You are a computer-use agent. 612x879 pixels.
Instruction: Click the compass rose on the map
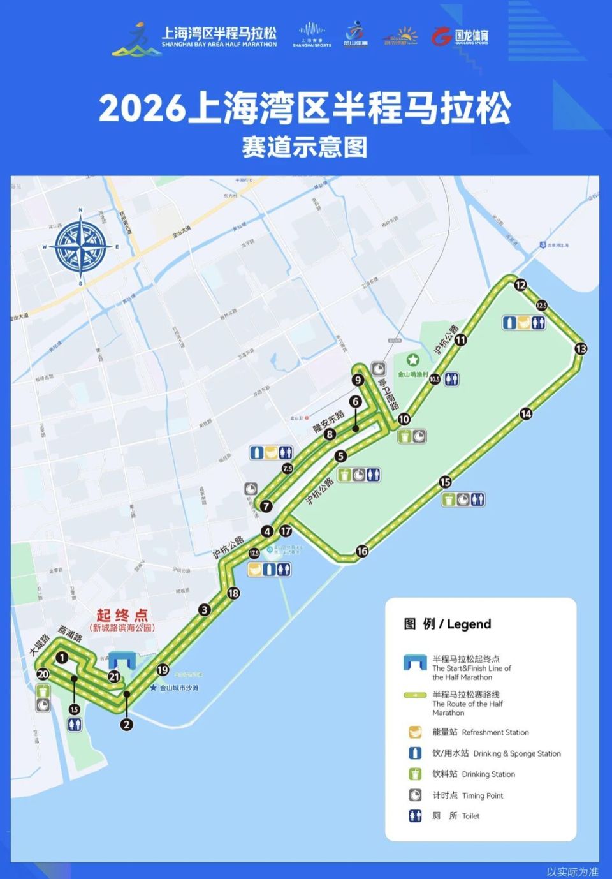[x=81, y=246]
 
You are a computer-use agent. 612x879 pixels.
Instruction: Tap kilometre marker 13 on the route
[x=581, y=348]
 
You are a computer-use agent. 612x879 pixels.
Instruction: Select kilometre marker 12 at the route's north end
[x=520, y=285]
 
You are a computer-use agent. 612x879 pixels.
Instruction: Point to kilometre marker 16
[x=362, y=551]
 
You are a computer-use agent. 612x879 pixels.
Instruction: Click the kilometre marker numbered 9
[x=358, y=380]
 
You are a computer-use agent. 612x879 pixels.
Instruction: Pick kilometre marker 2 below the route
[x=126, y=724]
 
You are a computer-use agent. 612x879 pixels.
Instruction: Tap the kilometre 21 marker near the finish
[x=114, y=677]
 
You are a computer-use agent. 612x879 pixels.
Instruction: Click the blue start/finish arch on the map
[x=122, y=661]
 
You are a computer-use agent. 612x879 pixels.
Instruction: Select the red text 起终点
[x=122, y=615]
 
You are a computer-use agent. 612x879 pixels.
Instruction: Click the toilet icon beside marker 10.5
[x=452, y=378]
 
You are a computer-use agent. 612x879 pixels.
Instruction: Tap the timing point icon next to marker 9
[x=379, y=369]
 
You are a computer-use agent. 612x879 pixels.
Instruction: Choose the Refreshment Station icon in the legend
[x=415, y=732]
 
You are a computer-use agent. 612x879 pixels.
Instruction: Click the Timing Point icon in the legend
[x=415, y=795]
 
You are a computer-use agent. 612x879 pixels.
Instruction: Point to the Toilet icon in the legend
[x=415, y=815]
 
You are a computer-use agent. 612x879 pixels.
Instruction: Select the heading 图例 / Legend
[x=448, y=624]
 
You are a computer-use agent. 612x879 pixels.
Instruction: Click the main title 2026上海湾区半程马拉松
[x=305, y=107]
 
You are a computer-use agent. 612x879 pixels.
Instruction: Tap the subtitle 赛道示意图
[x=305, y=147]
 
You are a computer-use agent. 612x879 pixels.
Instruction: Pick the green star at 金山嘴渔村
[x=413, y=360]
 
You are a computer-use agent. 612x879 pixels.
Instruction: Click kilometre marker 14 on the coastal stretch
[x=526, y=414]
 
